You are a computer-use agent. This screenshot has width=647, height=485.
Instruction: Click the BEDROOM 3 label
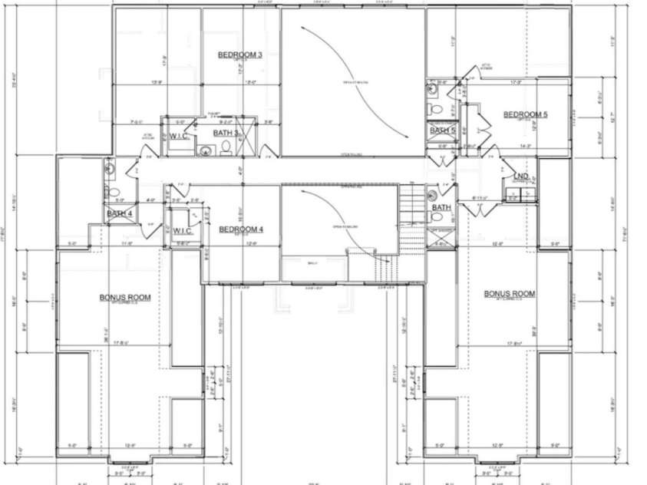point(239,55)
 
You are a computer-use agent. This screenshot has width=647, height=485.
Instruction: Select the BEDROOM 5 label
point(525,115)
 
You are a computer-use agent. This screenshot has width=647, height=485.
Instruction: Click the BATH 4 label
point(120,213)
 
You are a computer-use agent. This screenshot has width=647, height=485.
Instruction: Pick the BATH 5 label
point(443,130)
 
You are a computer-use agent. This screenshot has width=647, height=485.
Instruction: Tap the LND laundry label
point(520,177)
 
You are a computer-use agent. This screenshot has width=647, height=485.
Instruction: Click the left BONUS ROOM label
point(124,297)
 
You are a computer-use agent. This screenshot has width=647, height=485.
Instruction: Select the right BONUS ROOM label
point(509,294)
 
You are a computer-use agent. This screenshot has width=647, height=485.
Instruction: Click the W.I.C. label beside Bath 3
point(180,137)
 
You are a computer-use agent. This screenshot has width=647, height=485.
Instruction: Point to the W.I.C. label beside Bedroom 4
point(183,230)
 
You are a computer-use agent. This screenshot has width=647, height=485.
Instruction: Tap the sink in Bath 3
point(206,150)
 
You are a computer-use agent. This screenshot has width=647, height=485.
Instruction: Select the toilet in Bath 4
point(112,192)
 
